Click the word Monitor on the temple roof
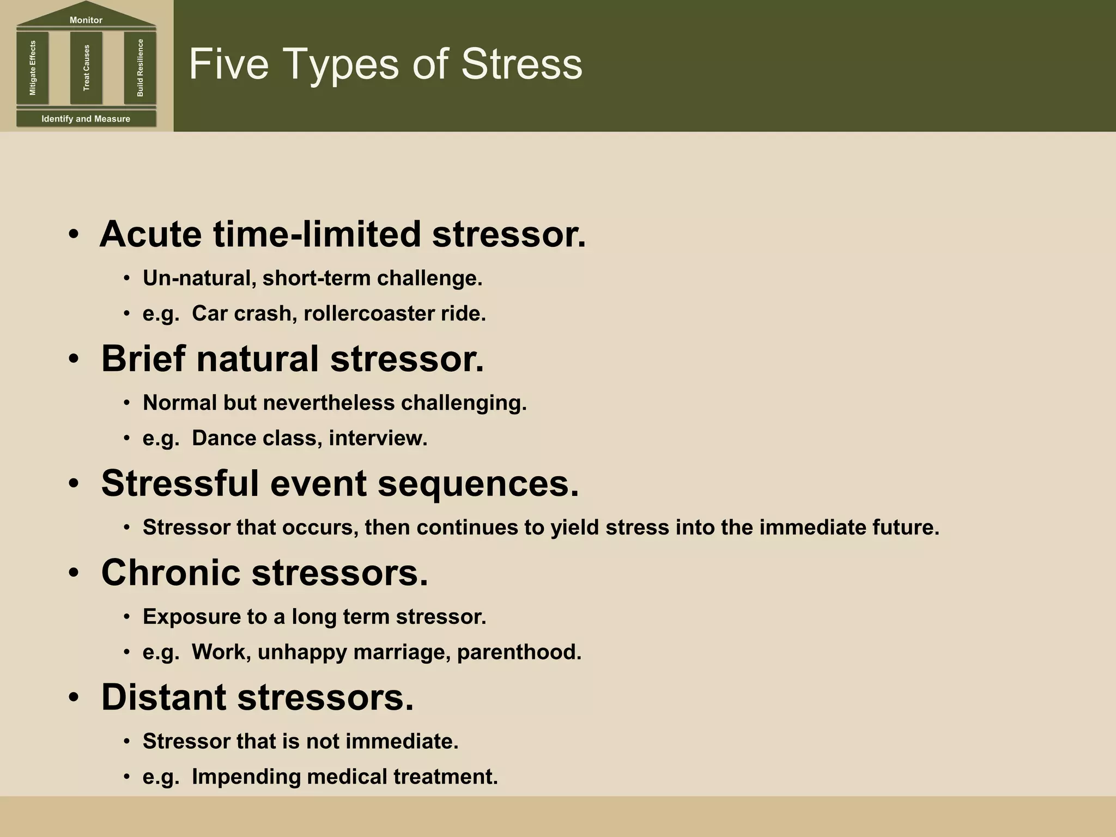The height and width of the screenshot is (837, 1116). tap(86, 20)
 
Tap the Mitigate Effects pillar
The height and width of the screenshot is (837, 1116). tap(33, 68)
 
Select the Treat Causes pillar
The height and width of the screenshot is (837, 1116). tap(86, 68)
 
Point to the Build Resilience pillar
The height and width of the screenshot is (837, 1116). tap(140, 68)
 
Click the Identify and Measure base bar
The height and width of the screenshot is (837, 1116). tap(86, 119)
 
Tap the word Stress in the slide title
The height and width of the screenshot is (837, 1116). tap(521, 64)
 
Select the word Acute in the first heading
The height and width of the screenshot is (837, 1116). tap(150, 234)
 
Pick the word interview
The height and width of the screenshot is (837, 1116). tap(378, 438)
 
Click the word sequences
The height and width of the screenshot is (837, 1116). tap(478, 484)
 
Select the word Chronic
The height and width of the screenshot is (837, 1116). tap(171, 573)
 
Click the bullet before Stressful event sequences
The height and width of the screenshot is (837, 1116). tap(74, 484)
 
